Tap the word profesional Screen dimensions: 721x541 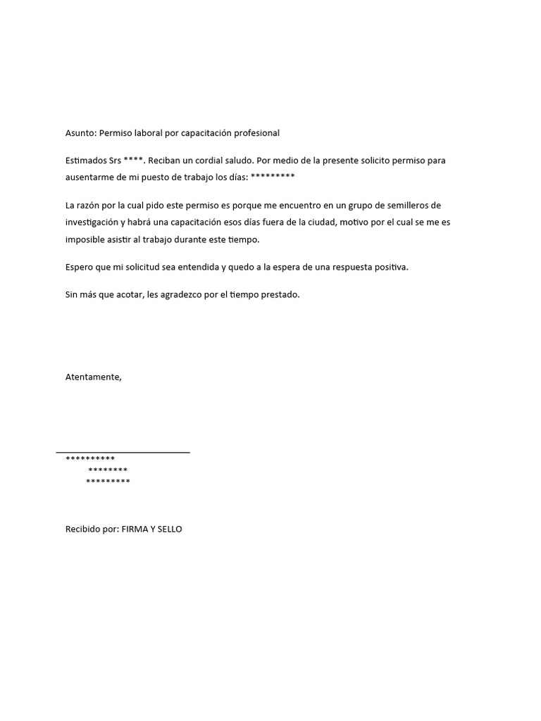pos(256,133)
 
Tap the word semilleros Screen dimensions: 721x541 pos(404,206)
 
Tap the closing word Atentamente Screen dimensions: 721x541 pos(93,377)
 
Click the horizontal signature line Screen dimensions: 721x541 pos(123,452)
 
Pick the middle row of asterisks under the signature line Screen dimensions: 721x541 pos(108,470)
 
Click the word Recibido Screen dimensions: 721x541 pos(84,529)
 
